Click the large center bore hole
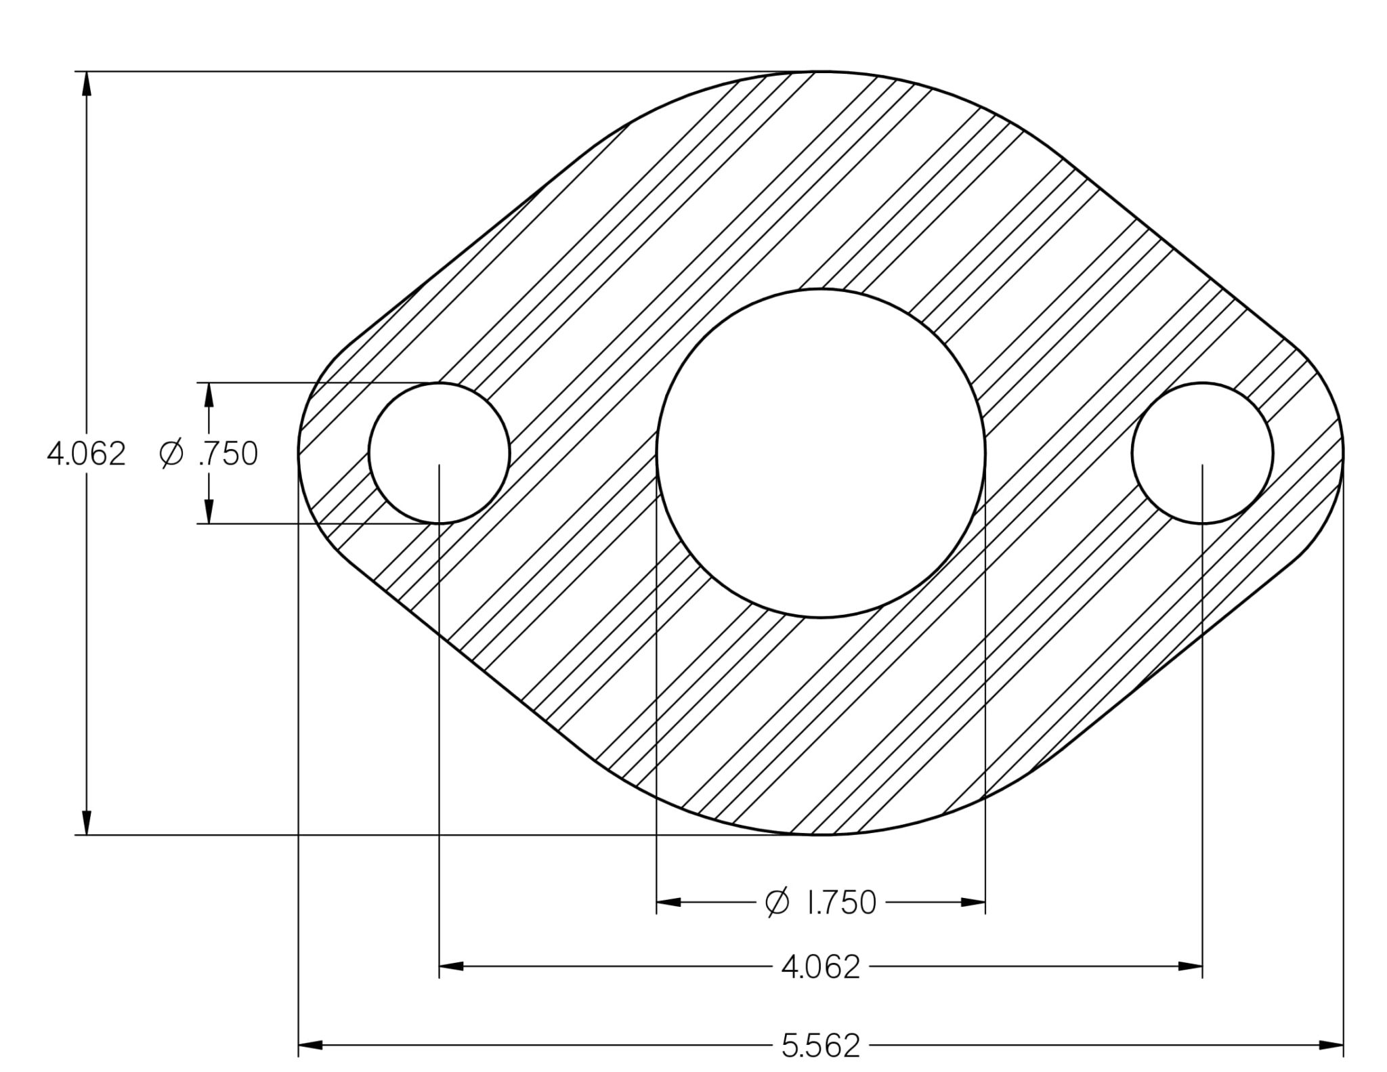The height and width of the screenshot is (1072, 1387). pos(821,453)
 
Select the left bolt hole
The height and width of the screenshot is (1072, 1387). pos(439,453)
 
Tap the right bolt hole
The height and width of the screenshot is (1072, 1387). pos(1202,453)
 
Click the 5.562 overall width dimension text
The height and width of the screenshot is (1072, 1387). pos(821,1046)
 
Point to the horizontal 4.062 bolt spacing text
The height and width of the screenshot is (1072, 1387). pos(821,967)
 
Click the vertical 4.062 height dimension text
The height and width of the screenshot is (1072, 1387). pos(87,454)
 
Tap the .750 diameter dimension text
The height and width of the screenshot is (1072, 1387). pos(228,454)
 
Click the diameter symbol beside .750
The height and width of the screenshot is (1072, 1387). pos(171,453)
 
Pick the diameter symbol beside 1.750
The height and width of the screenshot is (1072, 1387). pos(777,902)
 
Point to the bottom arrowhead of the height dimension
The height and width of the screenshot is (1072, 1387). pos(86,823)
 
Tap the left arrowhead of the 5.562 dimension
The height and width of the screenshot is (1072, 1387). pos(310,1046)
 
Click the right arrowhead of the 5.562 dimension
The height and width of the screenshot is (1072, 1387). pos(1331,1046)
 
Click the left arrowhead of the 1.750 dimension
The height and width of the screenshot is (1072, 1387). pos(668,902)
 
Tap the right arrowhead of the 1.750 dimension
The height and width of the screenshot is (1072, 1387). pos(973,902)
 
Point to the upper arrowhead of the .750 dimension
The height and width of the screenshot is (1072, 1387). pos(209,394)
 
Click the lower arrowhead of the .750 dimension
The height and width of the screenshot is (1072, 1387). pos(209,512)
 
